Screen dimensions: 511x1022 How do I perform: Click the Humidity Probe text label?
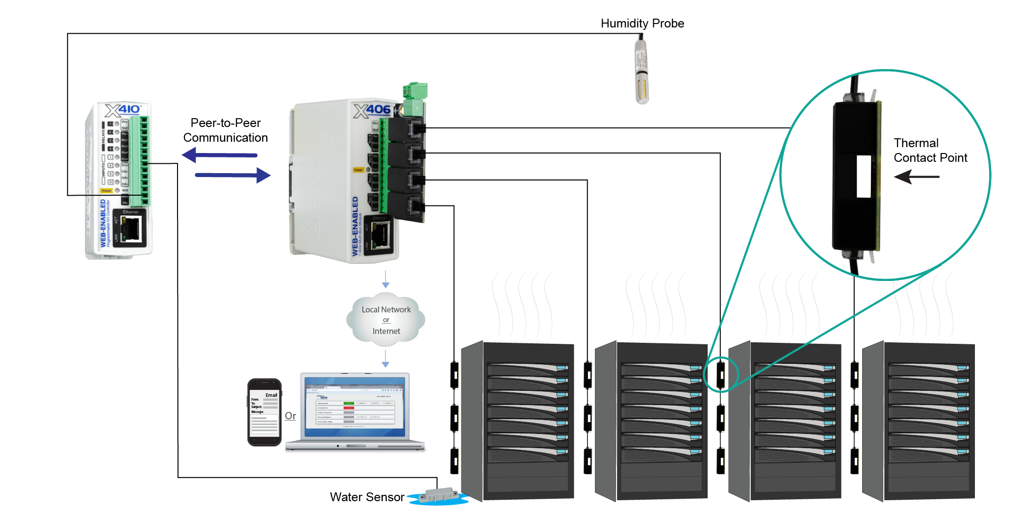pos(642,23)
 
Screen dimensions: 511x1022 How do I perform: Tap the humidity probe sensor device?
pos(641,72)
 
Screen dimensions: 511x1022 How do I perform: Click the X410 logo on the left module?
pos(123,109)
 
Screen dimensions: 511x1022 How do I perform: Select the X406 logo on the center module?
pos(372,110)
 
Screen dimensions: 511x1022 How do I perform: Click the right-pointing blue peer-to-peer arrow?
pos(232,175)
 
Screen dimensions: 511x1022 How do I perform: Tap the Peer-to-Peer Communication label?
pos(226,130)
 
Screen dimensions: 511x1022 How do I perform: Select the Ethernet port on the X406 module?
pos(381,235)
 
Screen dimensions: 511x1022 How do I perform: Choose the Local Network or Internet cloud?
pos(386,320)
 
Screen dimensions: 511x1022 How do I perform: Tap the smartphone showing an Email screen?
pos(264,412)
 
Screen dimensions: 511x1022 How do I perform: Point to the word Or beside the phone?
pos(290,416)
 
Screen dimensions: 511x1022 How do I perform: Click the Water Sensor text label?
pos(367,497)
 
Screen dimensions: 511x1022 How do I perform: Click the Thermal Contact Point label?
pos(930,150)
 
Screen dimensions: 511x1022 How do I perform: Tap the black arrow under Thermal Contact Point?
pos(916,177)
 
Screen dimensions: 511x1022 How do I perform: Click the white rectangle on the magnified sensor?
pos(864,177)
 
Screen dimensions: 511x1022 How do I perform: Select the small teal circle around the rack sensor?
pos(721,375)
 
